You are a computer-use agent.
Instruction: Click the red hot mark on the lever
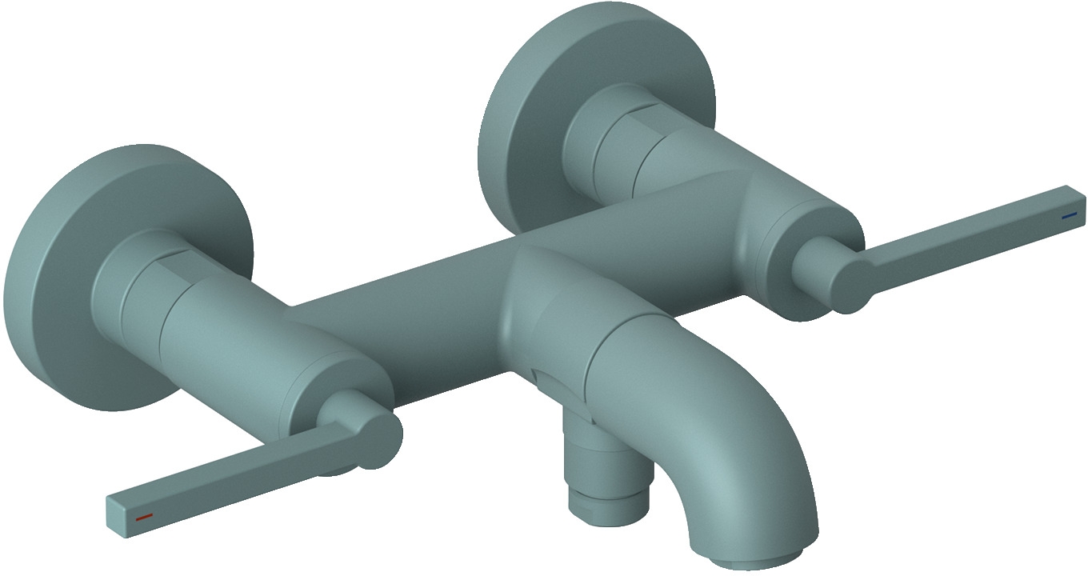tap(144, 518)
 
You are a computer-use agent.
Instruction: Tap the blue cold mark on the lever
tap(1069, 215)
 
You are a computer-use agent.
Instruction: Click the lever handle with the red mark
tap(240, 472)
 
